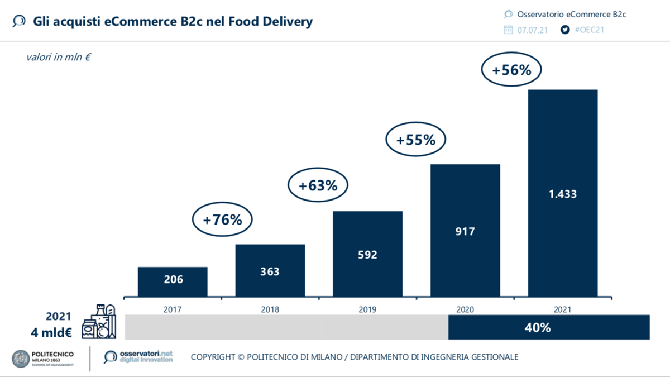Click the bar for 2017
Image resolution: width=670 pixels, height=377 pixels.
pos(173,281)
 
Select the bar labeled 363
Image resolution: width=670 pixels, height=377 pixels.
pos(270,270)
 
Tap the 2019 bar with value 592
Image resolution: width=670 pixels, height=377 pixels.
pos(367,254)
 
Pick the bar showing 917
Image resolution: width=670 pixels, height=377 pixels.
pos(465,230)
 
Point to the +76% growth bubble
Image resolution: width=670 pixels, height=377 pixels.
pos(222,220)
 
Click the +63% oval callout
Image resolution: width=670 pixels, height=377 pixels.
pos(318,185)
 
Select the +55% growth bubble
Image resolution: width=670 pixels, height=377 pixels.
pos(415,140)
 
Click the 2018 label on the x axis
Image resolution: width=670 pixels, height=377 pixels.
pos(270,309)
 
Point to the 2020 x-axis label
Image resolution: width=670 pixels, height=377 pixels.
pos(465,309)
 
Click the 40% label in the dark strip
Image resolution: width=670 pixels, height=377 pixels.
pos(538,327)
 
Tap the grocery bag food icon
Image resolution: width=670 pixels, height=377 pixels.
pos(99,322)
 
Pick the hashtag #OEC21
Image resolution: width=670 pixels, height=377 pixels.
pos(590,30)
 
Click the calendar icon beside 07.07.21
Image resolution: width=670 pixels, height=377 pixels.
pos(508,30)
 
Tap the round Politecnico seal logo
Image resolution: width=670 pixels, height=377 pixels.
pos(21,359)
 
